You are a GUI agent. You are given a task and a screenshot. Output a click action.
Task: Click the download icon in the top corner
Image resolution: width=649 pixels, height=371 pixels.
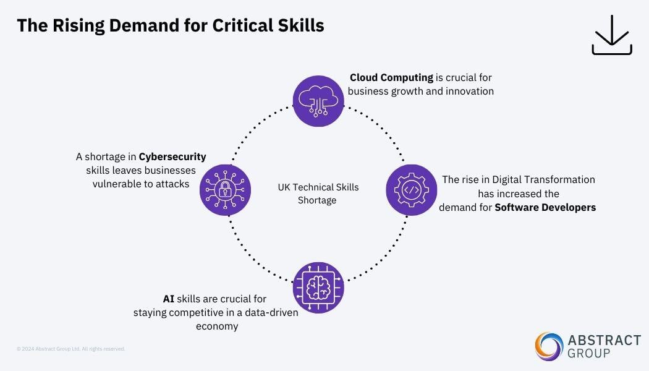coord(612,35)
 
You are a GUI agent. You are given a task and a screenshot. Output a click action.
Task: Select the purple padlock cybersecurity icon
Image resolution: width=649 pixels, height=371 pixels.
coord(225,189)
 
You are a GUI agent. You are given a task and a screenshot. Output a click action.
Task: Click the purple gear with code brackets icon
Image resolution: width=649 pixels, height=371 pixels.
coord(412,189)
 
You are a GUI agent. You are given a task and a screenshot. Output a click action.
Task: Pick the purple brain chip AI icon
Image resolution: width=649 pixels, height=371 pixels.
coord(318,287)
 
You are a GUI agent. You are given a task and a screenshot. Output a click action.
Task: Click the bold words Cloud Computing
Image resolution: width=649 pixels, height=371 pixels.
coord(391,78)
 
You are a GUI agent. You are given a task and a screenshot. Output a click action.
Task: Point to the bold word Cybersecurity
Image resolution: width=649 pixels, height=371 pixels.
coord(172,157)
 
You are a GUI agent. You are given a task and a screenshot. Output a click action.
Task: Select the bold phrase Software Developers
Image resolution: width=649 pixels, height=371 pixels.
coord(545,208)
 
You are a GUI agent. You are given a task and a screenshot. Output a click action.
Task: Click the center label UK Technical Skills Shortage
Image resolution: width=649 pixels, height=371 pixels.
coord(318,194)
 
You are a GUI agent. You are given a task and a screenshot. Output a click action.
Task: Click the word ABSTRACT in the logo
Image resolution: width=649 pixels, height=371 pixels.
coord(604,340)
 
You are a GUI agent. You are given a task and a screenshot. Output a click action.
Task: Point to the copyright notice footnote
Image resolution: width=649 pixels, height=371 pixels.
coord(71,349)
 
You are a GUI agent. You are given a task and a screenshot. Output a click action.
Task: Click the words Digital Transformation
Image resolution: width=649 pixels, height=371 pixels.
coord(544,180)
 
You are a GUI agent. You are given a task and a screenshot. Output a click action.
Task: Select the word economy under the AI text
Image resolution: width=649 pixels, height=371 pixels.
coord(217,326)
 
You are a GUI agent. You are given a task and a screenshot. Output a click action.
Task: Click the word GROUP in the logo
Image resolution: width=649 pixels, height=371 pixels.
coord(588,354)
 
